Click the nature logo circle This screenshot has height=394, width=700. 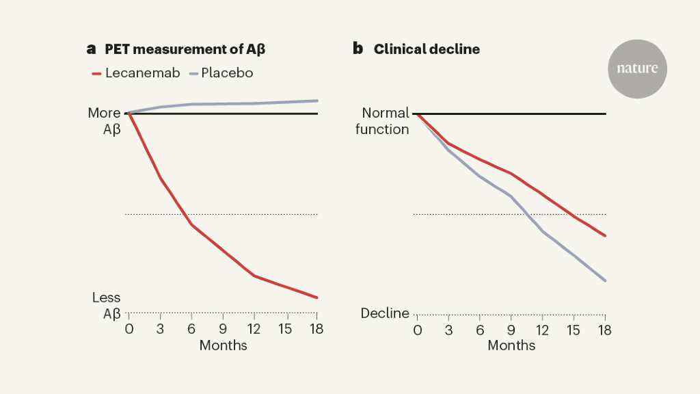tap(637, 68)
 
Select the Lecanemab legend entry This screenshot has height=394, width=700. tap(135, 73)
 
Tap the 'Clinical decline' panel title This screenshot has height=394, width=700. tap(427, 49)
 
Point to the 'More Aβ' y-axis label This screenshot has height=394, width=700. tap(105, 121)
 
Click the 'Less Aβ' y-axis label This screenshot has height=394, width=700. tap(107, 306)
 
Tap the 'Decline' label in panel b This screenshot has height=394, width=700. tap(385, 313)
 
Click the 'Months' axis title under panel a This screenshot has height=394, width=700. tap(223, 345)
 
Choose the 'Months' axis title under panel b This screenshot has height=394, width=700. tap(511, 345)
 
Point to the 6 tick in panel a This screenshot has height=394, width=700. tap(191, 329)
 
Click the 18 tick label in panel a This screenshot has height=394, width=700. tap(317, 329)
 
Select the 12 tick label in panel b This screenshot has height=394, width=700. tap(542, 329)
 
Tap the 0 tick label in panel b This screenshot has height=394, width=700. tap(417, 329)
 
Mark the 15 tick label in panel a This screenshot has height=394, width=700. tap(285, 329)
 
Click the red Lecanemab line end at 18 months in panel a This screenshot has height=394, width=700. tap(317, 298)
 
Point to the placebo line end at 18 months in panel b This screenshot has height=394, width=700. tap(606, 280)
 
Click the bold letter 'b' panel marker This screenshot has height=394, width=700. tap(358, 49)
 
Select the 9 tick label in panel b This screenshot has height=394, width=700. tap(511, 329)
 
